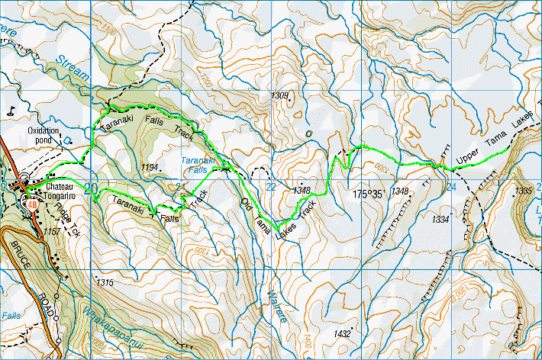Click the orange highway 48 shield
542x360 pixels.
click(x=31, y=204)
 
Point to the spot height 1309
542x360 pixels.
click(x=280, y=95)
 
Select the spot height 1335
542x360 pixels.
click(x=523, y=190)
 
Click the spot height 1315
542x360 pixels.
click(x=105, y=282)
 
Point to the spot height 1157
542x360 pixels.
click(x=53, y=230)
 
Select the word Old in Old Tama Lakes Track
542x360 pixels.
click(x=246, y=204)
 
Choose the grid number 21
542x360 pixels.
click(x=181, y=187)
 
